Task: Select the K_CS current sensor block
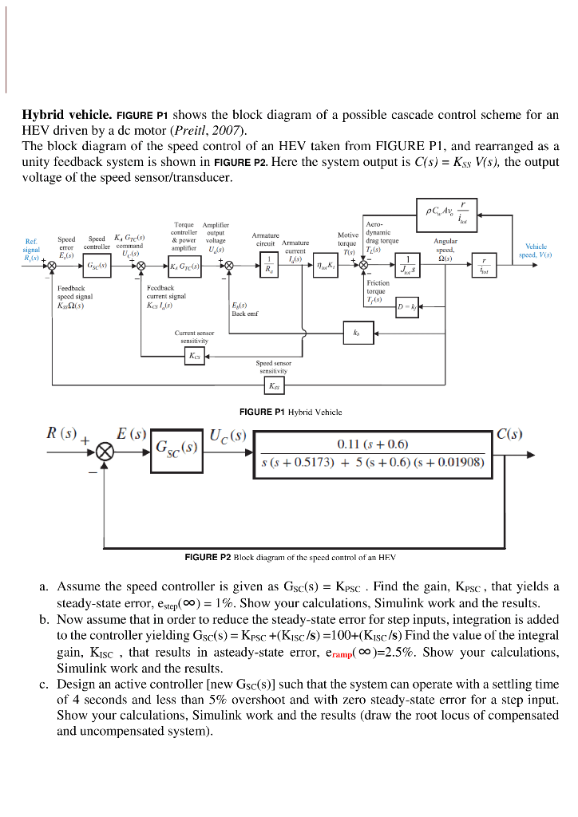pos(194,355)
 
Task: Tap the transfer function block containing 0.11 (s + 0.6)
pos(374,453)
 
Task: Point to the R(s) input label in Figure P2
pos(61,435)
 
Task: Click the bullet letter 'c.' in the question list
pos(46,684)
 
